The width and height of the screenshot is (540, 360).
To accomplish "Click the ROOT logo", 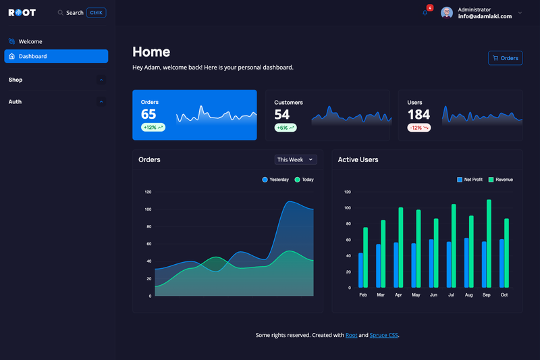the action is pos(22,13).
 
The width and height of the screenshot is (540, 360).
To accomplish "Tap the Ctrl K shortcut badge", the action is pos(96,13).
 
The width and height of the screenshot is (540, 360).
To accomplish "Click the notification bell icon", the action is pos(425,13).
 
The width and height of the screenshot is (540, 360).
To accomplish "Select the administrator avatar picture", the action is pos(447,13).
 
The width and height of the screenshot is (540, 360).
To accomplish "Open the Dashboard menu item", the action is pos(56,56).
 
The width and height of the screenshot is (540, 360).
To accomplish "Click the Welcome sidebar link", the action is pos(30,41).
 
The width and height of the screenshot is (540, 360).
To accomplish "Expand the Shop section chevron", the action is pos(101,80).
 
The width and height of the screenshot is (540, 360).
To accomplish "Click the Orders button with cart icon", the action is pos(505,58).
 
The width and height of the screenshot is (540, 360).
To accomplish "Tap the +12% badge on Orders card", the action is pos(153,128).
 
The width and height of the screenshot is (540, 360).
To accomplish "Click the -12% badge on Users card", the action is pos(418,128).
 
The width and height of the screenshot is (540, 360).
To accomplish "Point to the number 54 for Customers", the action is pos(281,114).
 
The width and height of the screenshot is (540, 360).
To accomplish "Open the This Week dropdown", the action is pos(296,159).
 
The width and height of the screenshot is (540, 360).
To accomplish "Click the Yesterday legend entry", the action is pos(275,180).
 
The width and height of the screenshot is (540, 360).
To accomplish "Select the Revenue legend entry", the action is pos(501,180).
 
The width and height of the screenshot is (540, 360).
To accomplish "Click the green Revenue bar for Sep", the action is pos(489,244).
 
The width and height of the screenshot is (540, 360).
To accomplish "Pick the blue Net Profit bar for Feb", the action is pos(360,270).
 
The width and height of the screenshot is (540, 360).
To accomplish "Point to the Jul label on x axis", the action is pos(451,295).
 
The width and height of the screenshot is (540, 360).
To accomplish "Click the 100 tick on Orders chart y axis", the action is pos(148,209).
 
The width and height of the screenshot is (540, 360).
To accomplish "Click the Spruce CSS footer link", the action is pos(383,335).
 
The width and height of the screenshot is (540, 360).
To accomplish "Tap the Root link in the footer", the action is pos(351,335).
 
